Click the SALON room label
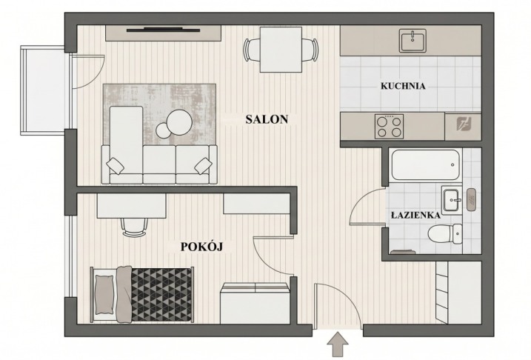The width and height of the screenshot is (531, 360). [267, 119]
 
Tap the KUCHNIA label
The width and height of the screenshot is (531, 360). [403, 86]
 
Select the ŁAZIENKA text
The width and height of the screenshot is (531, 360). [416, 215]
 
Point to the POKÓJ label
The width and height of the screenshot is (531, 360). [201, 247]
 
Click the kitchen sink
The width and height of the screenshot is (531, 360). [413, 41]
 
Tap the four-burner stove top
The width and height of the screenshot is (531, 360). [389, 127]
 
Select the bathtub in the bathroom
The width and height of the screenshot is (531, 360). [425, 165]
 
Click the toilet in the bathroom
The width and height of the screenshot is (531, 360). [444, 233]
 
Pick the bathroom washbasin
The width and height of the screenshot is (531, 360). [452, 200]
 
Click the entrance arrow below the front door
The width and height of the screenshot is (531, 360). [338, 344]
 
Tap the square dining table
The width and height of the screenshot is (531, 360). [281, 50]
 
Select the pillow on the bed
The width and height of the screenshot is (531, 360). [104, 295]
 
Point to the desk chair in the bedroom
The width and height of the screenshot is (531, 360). [135, 227]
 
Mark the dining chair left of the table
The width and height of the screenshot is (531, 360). [251, 50]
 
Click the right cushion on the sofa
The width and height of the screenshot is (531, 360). [203, 166]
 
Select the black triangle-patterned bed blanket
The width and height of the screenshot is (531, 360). [162, 295]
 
